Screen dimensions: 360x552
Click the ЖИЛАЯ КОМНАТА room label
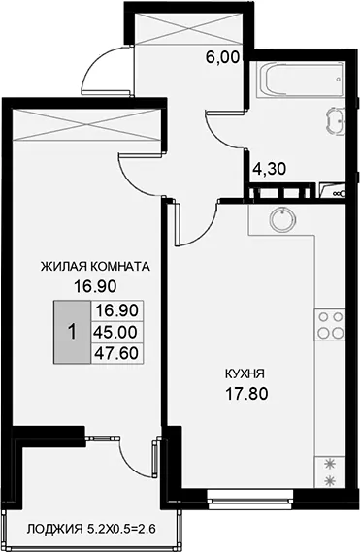tap(95, 267)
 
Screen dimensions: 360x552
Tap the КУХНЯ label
tap(245, 373)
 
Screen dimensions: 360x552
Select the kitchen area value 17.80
tap(246, 394)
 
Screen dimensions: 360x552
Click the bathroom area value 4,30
tap(270, 169)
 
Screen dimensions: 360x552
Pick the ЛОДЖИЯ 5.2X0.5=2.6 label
tap(91, 528)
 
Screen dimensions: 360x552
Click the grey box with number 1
tap(72, 332)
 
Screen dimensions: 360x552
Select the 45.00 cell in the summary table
tap(117, 332)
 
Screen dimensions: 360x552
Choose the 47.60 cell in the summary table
tap(117, 353)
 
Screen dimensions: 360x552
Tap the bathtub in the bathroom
tap(302, 81)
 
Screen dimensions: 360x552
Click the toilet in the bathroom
tap(335, 120)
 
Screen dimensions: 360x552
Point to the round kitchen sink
tap(282, 218)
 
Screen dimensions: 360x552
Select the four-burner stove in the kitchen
tap(331, 325)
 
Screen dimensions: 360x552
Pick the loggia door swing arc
tap(133, 457)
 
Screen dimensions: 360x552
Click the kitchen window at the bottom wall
tap(250, 499)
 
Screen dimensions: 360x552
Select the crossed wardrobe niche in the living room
tap(86, 124)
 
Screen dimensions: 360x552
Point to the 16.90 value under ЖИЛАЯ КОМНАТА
tap(95, 287)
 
